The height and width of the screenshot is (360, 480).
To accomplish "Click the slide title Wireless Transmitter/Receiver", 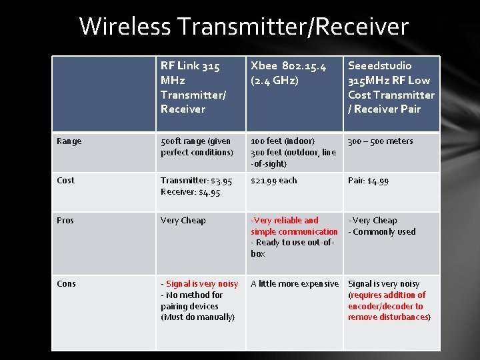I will (243, 27).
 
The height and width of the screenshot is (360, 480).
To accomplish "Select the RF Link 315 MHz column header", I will (194, 87).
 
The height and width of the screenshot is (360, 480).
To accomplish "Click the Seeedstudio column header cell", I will (391, 87).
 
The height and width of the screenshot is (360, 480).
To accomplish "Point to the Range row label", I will (69, 141).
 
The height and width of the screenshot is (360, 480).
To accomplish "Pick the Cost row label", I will (66, 181).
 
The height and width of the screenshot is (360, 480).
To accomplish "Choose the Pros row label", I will (65, 221).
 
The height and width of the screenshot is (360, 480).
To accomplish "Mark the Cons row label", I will (67, 284).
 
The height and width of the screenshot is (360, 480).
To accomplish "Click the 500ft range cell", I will (196, 147).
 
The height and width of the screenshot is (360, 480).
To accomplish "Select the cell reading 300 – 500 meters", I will (381, 141).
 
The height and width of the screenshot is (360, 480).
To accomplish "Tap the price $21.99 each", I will (274, 181).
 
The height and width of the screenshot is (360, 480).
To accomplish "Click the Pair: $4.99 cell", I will (368, 181).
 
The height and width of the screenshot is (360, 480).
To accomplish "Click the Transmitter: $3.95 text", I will (196, 181).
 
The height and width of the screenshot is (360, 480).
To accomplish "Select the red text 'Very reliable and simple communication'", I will (293, 226).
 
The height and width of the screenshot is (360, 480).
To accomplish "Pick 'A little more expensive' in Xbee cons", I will (294, 284).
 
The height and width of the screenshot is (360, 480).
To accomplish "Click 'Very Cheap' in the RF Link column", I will (183, 221).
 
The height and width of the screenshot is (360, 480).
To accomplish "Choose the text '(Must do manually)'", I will (197, 317).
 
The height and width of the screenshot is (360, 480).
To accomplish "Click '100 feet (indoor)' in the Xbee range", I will (282, 141).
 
